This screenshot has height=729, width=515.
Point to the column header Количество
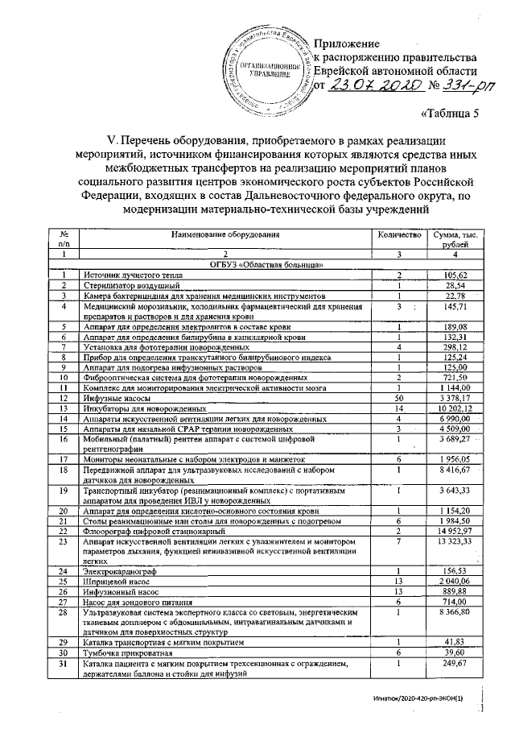400,234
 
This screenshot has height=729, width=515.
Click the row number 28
63,613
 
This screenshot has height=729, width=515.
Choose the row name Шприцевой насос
113,582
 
